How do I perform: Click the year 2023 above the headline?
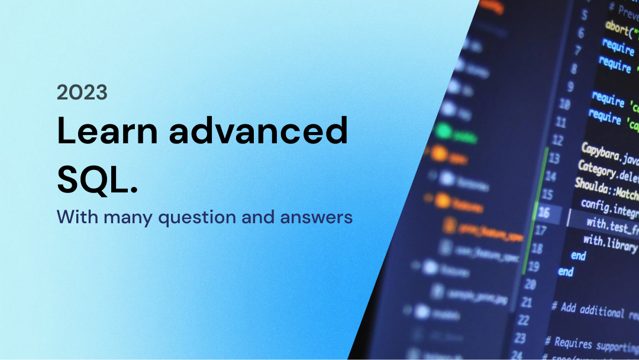click(x=82, y=92)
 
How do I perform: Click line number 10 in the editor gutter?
click(x=564, y=105)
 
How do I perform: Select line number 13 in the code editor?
click(x=554, y=159)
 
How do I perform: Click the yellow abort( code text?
click(x=619, y=28)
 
